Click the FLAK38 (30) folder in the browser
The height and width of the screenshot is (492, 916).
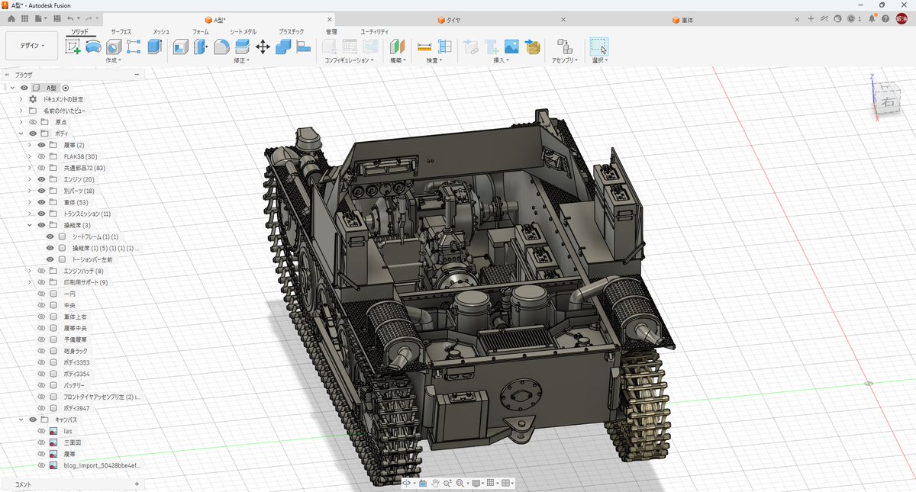tap(80, 156)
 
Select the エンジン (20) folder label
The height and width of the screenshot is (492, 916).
tap(79, 179)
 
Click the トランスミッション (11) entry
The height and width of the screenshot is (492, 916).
tap(87, 214)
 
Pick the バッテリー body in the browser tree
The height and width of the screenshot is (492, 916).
tap(74, 385)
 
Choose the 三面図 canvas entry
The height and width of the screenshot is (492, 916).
tap(73, 442)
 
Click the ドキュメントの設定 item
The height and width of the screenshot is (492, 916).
tap(63, 99)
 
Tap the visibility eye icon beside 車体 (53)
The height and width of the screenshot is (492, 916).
tap(41, 202)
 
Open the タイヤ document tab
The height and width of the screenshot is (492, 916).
tap(453, 20)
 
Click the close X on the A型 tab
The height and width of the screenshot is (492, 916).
tap(330, 20)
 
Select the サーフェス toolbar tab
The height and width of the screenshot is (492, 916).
tap(121, 31)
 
